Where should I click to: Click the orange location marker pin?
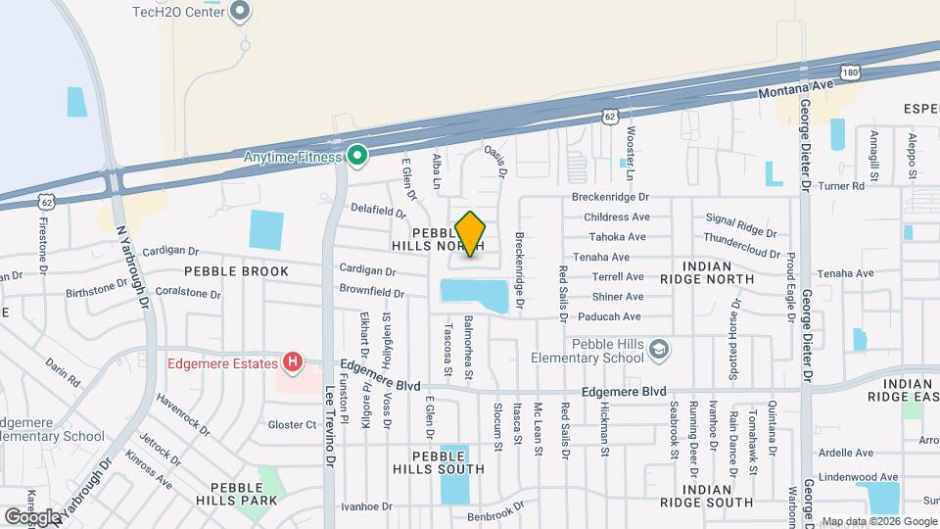point(470,234)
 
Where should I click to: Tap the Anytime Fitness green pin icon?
point(358,155)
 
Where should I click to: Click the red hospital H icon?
point(292,363)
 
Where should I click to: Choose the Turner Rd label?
point(843,185)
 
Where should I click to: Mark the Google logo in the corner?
point(32,516)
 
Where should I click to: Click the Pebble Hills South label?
point(447,462)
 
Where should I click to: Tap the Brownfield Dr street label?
point(372,292)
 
